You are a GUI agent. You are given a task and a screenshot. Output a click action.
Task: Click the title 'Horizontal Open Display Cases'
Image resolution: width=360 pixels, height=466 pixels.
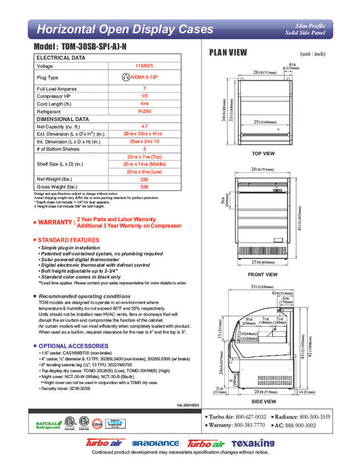click(124, 29)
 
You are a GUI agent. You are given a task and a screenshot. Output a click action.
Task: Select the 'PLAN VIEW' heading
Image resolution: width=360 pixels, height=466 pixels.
click(230, 53)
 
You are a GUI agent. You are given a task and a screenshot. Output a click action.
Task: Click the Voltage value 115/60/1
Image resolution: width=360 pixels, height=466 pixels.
click(144, 67)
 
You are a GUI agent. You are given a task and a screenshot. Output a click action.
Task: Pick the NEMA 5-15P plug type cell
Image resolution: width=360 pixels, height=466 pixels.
click(144, 77)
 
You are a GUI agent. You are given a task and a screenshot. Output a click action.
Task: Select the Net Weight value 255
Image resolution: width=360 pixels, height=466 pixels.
click(144, 178)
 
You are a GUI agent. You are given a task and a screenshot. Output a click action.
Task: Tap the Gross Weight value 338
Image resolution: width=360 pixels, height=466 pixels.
click(144, 188)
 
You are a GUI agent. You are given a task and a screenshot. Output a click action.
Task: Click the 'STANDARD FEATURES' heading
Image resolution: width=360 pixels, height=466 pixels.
click(69, 238)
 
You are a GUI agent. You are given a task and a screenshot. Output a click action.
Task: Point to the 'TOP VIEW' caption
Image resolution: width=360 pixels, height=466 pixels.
click(264, 154)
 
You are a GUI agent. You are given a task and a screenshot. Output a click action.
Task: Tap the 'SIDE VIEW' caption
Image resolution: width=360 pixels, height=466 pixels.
click(264, 401)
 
